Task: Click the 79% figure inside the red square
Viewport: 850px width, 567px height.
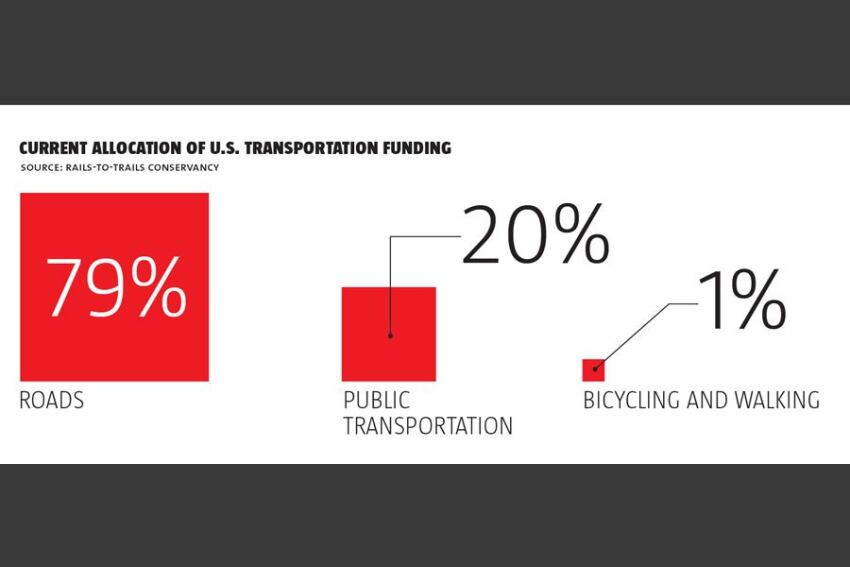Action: point(116,287)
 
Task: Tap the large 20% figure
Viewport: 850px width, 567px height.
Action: point(536,234)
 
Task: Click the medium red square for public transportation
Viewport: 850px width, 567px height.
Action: point(389,334)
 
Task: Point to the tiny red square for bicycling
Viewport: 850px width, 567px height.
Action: point(594,370)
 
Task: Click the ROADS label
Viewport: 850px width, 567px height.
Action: point(51,401)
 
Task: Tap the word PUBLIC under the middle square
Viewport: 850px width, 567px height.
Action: point(377,401)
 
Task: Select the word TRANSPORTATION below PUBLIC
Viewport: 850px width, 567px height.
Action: point(428,426)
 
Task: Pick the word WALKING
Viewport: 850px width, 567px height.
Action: point(777,400)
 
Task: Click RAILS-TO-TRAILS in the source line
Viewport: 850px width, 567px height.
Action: point(105,167)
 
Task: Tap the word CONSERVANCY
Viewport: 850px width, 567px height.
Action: point(183,167)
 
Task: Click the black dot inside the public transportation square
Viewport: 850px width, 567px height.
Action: point(390,336)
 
